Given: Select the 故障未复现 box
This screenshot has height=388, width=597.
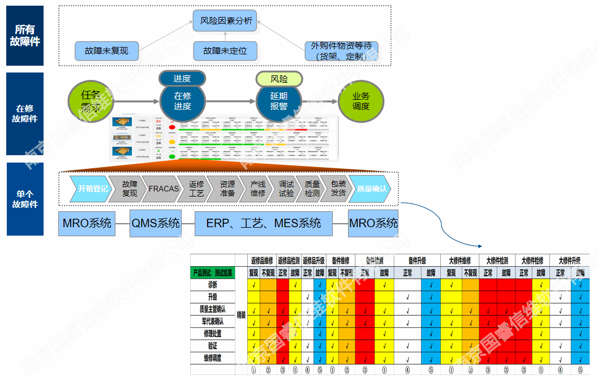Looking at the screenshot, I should [x=106, y=51].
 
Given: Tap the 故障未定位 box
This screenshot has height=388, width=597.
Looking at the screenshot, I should [x=225, y=51].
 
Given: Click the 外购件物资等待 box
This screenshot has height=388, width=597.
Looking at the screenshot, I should [x=341, y=51].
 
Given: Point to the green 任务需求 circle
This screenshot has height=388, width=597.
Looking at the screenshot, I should [x=91, y=101].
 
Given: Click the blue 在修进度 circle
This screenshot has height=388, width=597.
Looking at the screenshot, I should [x=182, y=102].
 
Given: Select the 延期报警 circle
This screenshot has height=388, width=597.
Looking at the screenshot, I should [x=278, y=102].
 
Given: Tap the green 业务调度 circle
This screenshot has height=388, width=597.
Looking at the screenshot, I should [x=360, y=102].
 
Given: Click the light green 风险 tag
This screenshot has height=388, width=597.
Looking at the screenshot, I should [x=279, y=79].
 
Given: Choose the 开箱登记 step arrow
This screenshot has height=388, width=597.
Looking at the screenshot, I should [x=90, y=189].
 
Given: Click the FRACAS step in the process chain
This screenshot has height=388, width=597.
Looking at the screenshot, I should [x=164, y=189].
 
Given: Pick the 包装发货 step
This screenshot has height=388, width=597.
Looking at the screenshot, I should [x=338, y=189].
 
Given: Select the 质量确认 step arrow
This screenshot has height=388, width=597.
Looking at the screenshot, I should [x=371, y=189].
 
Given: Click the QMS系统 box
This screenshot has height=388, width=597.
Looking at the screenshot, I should [x=155, y=223].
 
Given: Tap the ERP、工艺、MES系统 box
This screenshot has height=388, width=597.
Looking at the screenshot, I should [x=263, y=223].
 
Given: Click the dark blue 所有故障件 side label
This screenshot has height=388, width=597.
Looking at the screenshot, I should [x=25, y=36].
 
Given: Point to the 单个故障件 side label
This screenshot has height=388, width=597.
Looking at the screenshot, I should [x=25, y=199].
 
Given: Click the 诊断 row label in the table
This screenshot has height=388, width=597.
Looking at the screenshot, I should [x=212, y=285].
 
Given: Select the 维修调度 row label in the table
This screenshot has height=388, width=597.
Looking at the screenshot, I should [x=212, y=358].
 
